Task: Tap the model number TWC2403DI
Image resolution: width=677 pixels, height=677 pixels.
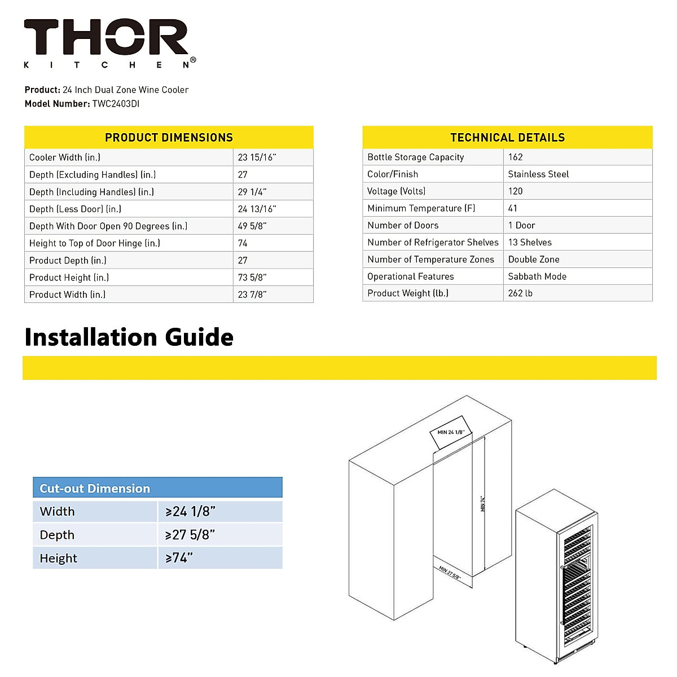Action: (116, 104)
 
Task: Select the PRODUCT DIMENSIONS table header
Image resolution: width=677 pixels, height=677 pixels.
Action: (169, 138)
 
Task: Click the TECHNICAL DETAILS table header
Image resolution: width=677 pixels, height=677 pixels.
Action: (507, 138)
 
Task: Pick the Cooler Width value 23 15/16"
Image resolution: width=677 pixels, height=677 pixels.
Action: (257, 157)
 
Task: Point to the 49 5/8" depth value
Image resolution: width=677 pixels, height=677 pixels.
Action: (252, 226)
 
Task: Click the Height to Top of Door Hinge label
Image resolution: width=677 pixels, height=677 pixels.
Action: (95, 243)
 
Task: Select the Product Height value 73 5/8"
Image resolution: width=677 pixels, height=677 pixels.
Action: (252, 278)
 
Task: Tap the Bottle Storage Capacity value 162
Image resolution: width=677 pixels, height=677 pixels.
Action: (515, 157)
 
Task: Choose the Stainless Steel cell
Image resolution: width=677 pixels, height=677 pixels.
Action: (538, 174)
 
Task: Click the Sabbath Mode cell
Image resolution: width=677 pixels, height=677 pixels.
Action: (537, 276)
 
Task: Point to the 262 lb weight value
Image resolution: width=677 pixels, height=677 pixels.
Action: (520, 293)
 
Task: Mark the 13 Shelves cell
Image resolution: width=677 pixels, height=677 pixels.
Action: (530, 243)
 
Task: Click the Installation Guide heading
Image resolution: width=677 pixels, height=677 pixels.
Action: (129, 337)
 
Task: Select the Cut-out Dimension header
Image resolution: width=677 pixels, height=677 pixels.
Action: (95, 489)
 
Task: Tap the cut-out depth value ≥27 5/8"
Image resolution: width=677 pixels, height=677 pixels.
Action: (190, 535)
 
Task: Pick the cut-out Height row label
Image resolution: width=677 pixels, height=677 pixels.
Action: (58, 559)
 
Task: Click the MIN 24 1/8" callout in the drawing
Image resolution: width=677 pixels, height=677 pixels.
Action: (450, 432)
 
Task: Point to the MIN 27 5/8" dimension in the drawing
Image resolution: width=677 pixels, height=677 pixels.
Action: (450, 573)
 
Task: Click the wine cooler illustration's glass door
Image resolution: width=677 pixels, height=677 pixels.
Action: (575, 587)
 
